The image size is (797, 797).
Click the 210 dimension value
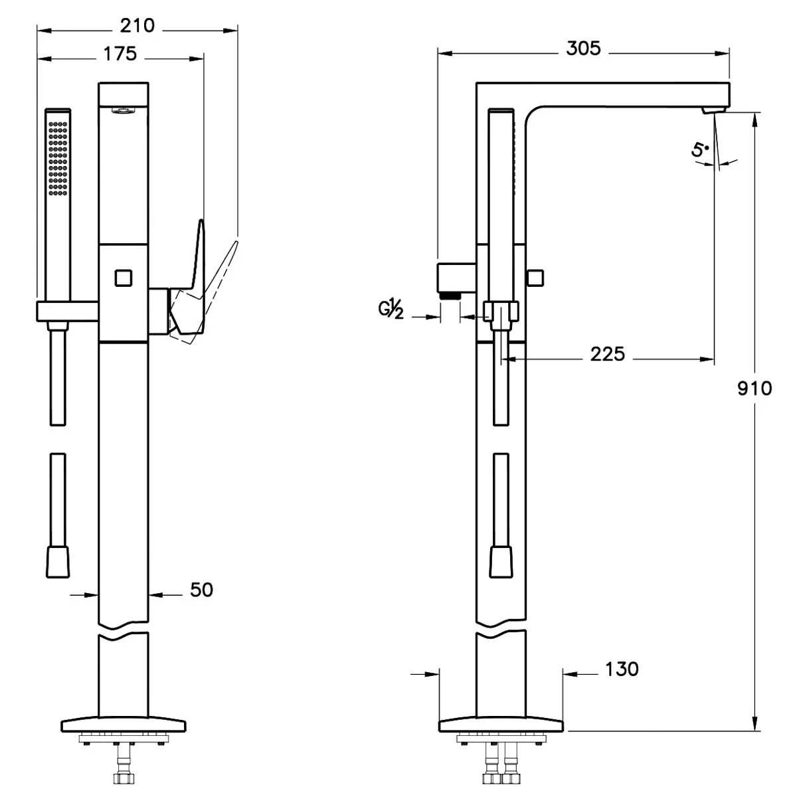pos(137,26)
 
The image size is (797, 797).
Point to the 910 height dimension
pos(754,388)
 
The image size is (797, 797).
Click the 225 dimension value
pos(608,355)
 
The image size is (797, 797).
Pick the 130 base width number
pos(622,669)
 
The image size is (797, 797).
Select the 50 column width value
pos(201,589)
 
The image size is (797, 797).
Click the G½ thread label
pos(391,310)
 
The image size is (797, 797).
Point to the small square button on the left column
pos(123,277)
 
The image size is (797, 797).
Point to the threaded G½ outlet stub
pos(451,294)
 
